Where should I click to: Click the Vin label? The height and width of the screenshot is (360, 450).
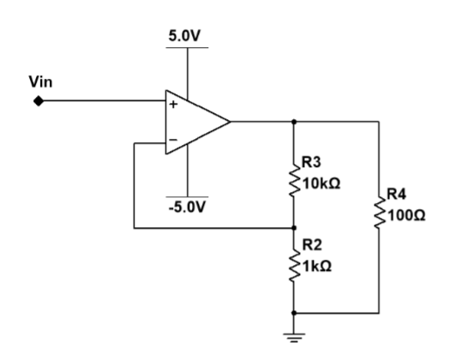pyautogui.click(x=42, y=82)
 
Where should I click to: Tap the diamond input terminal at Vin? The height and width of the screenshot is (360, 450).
pyautogui.click(x=37, y=101)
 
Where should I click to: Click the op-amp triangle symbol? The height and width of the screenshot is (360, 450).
pyautogui.click(x=196, y=121)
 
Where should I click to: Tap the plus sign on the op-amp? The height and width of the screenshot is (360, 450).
pyautogui.click(x=172, y=106)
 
